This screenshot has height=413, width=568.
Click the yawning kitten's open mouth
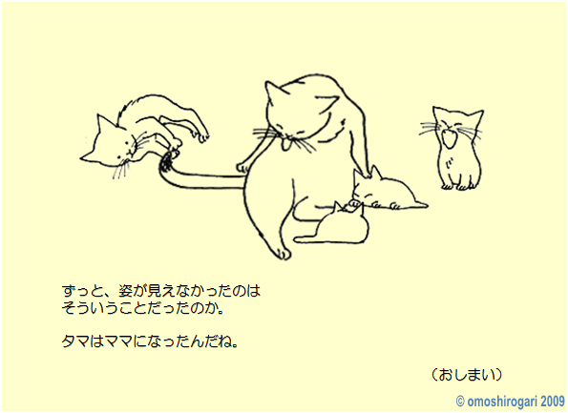click(x=450, y=137)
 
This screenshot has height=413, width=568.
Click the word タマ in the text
click(x=75, y=341)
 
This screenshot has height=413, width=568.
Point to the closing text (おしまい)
click(x=467, y=375)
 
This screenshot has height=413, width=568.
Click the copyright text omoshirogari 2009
click(x=510, y=401)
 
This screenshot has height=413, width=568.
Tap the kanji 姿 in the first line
click(x=125, y=291)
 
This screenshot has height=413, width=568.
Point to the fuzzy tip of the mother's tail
click(x=167, y=161)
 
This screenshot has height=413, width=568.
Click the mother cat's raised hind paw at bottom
click(x=282, y=253)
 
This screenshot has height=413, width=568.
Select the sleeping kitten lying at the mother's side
click(x=388, y=191)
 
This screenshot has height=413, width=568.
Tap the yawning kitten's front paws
click(x=457, y=186)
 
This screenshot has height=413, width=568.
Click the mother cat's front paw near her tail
click(x=243, y=167)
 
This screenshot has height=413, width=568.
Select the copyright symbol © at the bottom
click(x=460, y=402)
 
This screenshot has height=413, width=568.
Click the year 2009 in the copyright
click(x=553, y=401)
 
